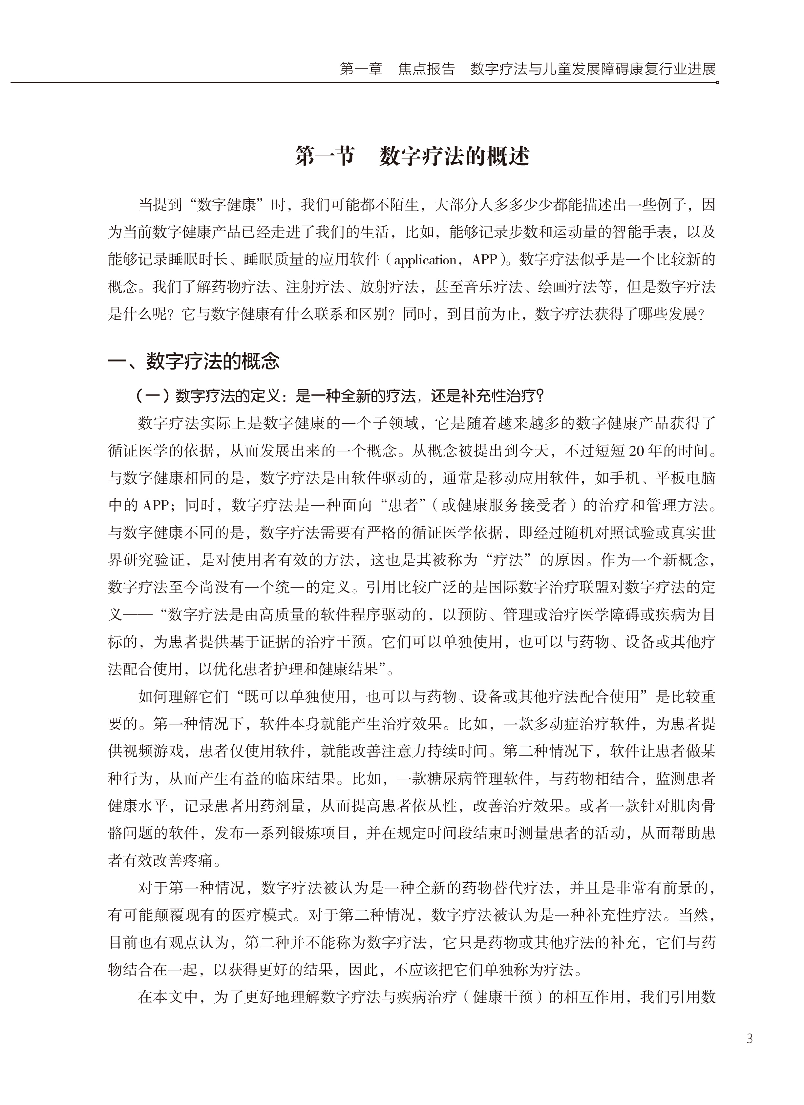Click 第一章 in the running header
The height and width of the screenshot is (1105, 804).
tap(361, 69)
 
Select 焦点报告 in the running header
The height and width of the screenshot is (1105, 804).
tap(426, 69)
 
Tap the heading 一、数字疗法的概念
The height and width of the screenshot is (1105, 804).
tap(194, 362)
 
